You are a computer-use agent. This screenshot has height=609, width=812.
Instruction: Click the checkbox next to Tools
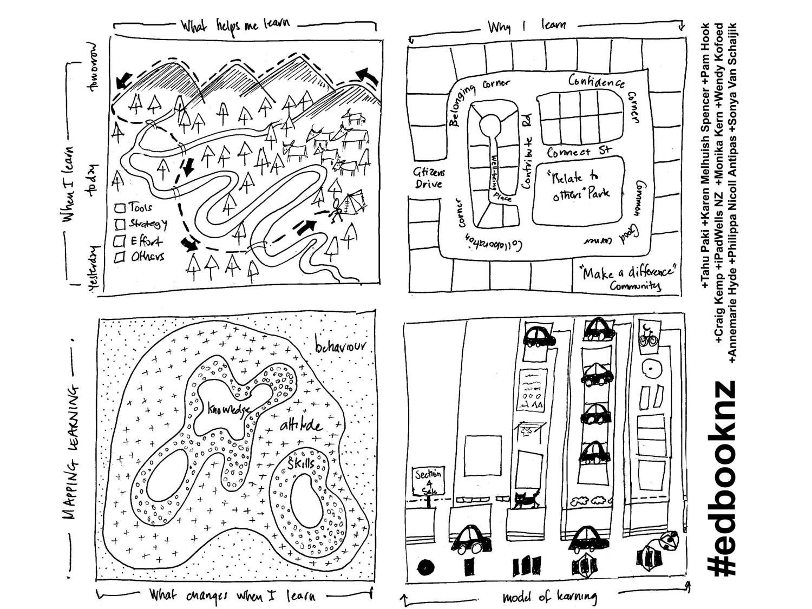pos(120,208)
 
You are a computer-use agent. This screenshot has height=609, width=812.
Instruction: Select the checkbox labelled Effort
pos(119,241)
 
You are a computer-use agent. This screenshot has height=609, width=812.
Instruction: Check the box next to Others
pos(119,257)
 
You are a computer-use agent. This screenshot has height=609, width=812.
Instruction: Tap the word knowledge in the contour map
pos(229,409)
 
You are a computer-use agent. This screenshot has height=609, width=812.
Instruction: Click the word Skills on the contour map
pos(301,464)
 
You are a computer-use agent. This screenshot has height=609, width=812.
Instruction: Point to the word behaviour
pos(340,346)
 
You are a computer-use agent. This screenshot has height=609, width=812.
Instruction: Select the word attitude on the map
pos(302,425)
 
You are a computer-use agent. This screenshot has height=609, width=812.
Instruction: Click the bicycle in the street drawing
pos(648,339)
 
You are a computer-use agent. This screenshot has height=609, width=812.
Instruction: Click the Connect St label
pos(579,152)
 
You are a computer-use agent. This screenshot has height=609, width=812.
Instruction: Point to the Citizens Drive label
pos(429,178)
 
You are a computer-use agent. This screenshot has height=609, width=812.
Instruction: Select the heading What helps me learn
pos(235,25)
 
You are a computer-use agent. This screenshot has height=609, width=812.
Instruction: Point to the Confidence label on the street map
pos(596,81)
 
